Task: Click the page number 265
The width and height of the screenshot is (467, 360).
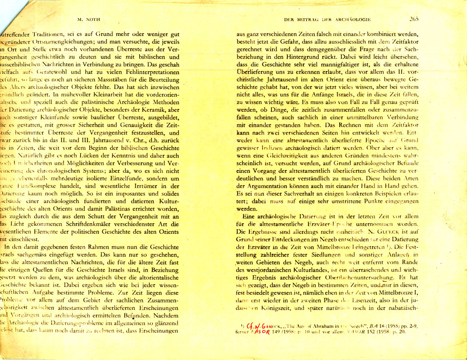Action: (x=414, y=19)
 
